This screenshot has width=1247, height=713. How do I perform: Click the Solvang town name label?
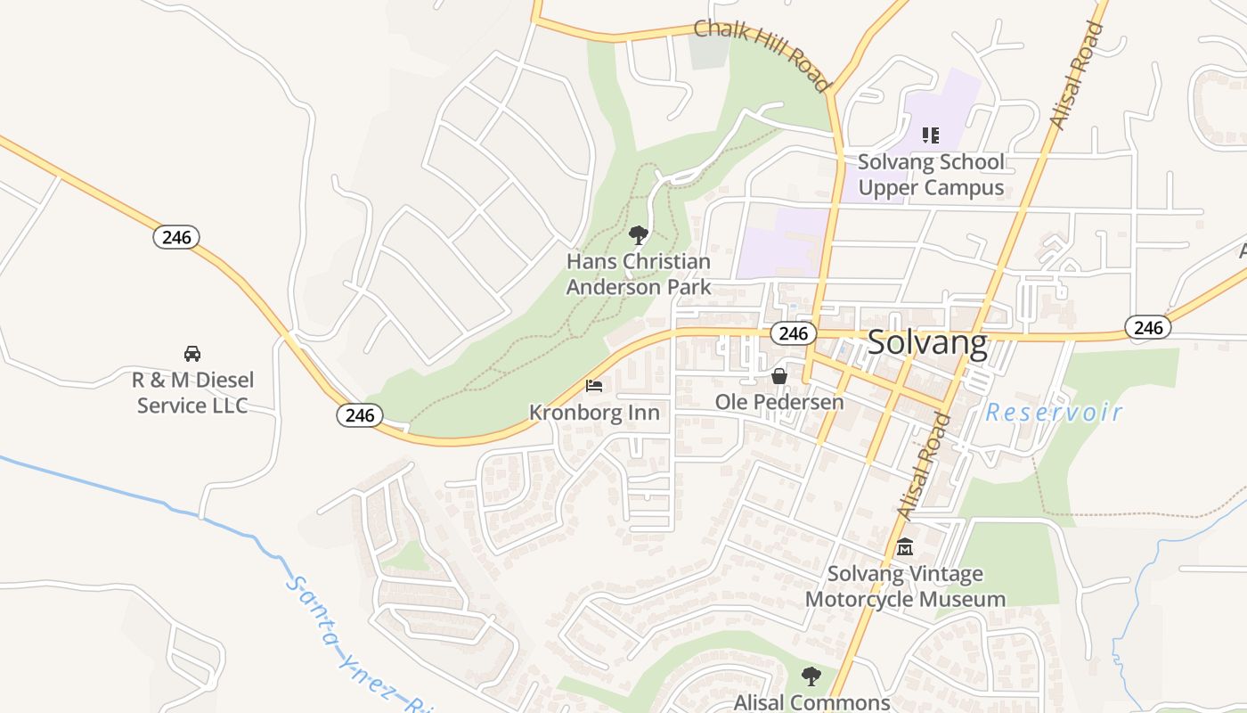click(x=926, y=343)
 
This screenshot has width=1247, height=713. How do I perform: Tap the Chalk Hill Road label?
click(x=762, y=54)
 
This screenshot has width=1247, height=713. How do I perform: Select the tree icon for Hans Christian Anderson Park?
click(x=638, y=235)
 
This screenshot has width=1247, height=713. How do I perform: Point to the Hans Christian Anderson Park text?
click(x=639, y=275)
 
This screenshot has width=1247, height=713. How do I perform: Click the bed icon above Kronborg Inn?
click(x=594, y=386)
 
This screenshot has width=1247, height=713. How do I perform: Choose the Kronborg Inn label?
click(x=594, y=413)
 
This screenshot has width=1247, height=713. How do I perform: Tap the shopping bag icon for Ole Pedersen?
click(x=779, y=376)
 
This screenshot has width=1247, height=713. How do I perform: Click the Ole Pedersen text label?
click(x=779, y=402)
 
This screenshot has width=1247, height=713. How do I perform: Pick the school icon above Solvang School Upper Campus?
click(x=931, y=135)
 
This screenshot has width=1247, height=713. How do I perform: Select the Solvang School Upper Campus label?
click(x=931, y=175)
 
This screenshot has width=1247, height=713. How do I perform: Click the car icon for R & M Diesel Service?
click(x=192, y=353)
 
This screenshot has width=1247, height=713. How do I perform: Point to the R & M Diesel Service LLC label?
click(x=192, y=393)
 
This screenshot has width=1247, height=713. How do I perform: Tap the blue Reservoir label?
click(x=1054, y=413)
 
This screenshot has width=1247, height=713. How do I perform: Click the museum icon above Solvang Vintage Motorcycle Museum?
click(x=905, y=547)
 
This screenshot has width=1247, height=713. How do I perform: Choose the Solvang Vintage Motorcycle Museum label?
click(x=905, y=586)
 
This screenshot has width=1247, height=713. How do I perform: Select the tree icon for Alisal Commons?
click(x=810, y=676)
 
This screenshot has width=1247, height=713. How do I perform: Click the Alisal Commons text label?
click(x=811, y=702)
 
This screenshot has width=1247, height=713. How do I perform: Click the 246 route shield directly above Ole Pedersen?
click(x=792, y=333)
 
